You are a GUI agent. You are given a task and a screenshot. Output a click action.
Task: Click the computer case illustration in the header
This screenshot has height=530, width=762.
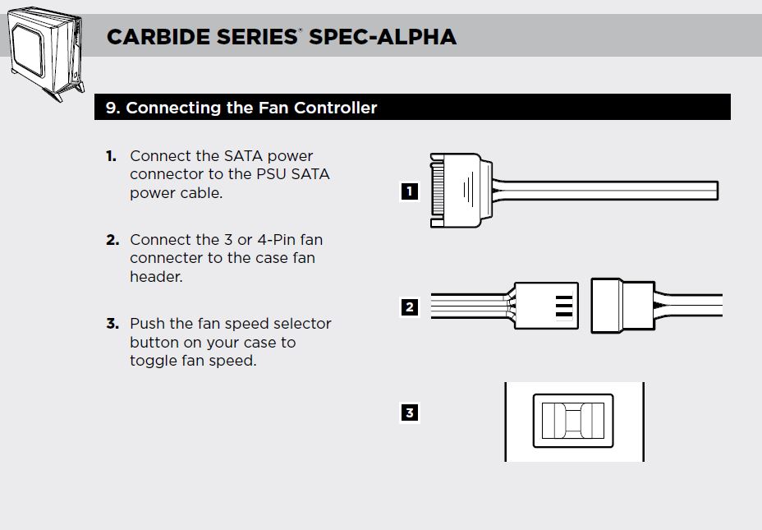tap(46, 53)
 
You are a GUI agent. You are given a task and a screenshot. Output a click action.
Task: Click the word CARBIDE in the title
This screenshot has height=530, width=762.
tap(158, 37)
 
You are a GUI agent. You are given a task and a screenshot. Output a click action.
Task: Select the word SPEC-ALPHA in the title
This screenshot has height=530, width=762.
tap(383, 37)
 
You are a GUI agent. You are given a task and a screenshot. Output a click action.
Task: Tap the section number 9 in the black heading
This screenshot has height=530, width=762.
tap(112, 108)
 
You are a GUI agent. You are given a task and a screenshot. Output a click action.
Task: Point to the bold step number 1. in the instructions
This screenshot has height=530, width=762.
tap(112, 156)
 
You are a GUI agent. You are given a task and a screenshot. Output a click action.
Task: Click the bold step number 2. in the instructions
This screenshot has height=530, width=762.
tap(112, 240)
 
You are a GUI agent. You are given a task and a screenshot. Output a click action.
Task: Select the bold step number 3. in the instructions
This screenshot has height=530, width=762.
tap(112, 324)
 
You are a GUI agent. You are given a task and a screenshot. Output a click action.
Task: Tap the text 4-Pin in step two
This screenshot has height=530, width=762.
tap(277, 240)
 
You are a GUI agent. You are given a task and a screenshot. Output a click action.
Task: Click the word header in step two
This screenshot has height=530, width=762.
tap(155, 277)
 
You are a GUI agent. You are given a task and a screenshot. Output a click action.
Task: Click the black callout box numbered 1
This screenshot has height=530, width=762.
tap(409, 191)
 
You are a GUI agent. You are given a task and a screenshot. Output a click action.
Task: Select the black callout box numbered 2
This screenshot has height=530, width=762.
tap(409, 306)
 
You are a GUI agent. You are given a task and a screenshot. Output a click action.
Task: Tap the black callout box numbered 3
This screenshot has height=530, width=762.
tap(409, 412)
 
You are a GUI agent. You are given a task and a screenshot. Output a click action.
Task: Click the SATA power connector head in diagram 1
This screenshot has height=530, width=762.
tap(461, 190)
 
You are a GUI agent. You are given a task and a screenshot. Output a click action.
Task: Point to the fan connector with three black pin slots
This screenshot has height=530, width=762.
tap(546, 306)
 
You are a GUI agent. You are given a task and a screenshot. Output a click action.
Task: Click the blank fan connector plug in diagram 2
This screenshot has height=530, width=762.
tap(622, 306)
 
